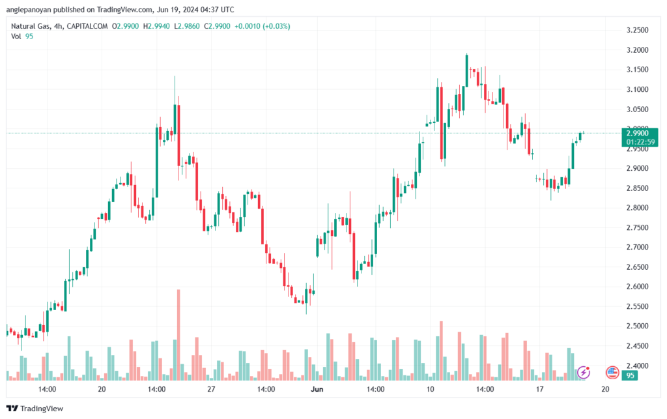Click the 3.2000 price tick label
tap(637, 50)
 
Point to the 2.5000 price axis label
tap(637, 326)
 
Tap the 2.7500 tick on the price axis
tap(637, 227)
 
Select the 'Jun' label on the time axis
tap(317, 389)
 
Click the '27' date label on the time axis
tap(211, 389)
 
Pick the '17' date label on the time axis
tap(539, 389)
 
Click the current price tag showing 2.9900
tap(637, 133)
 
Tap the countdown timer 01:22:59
tap(640, 141)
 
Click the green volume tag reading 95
tap(630, 375)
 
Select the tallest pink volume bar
tap(178, 335)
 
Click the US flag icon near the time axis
tap(612, 373)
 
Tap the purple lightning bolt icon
tap(584, 373)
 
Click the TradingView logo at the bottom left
tap(35, 409)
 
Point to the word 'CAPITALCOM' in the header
tap(87, 26)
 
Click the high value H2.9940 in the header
tap(156, 26)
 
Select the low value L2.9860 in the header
tap(187, 26)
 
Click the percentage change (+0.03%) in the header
tap(276, 26)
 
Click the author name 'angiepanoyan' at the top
tap(29, 9)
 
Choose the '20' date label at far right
tap(605, 389)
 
